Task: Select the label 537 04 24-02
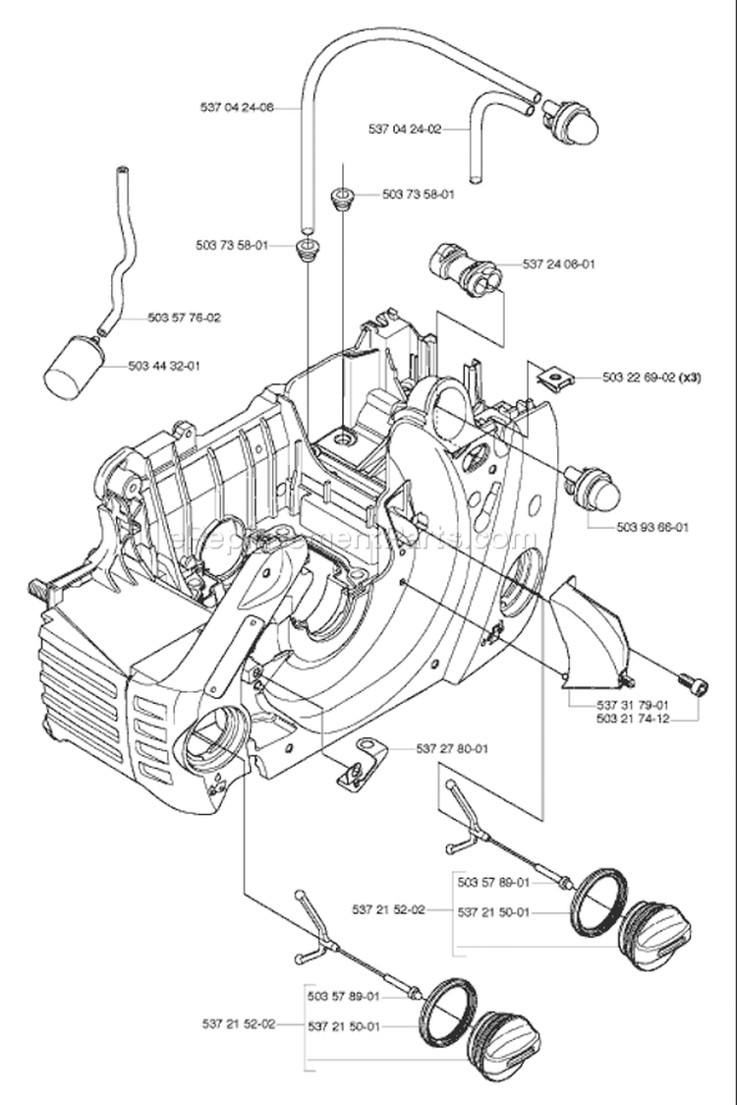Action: click(405, 128)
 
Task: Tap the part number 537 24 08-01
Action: click(558, 263)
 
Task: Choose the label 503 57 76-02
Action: click(184, 318)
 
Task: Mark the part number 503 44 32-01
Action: click(164, 366)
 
